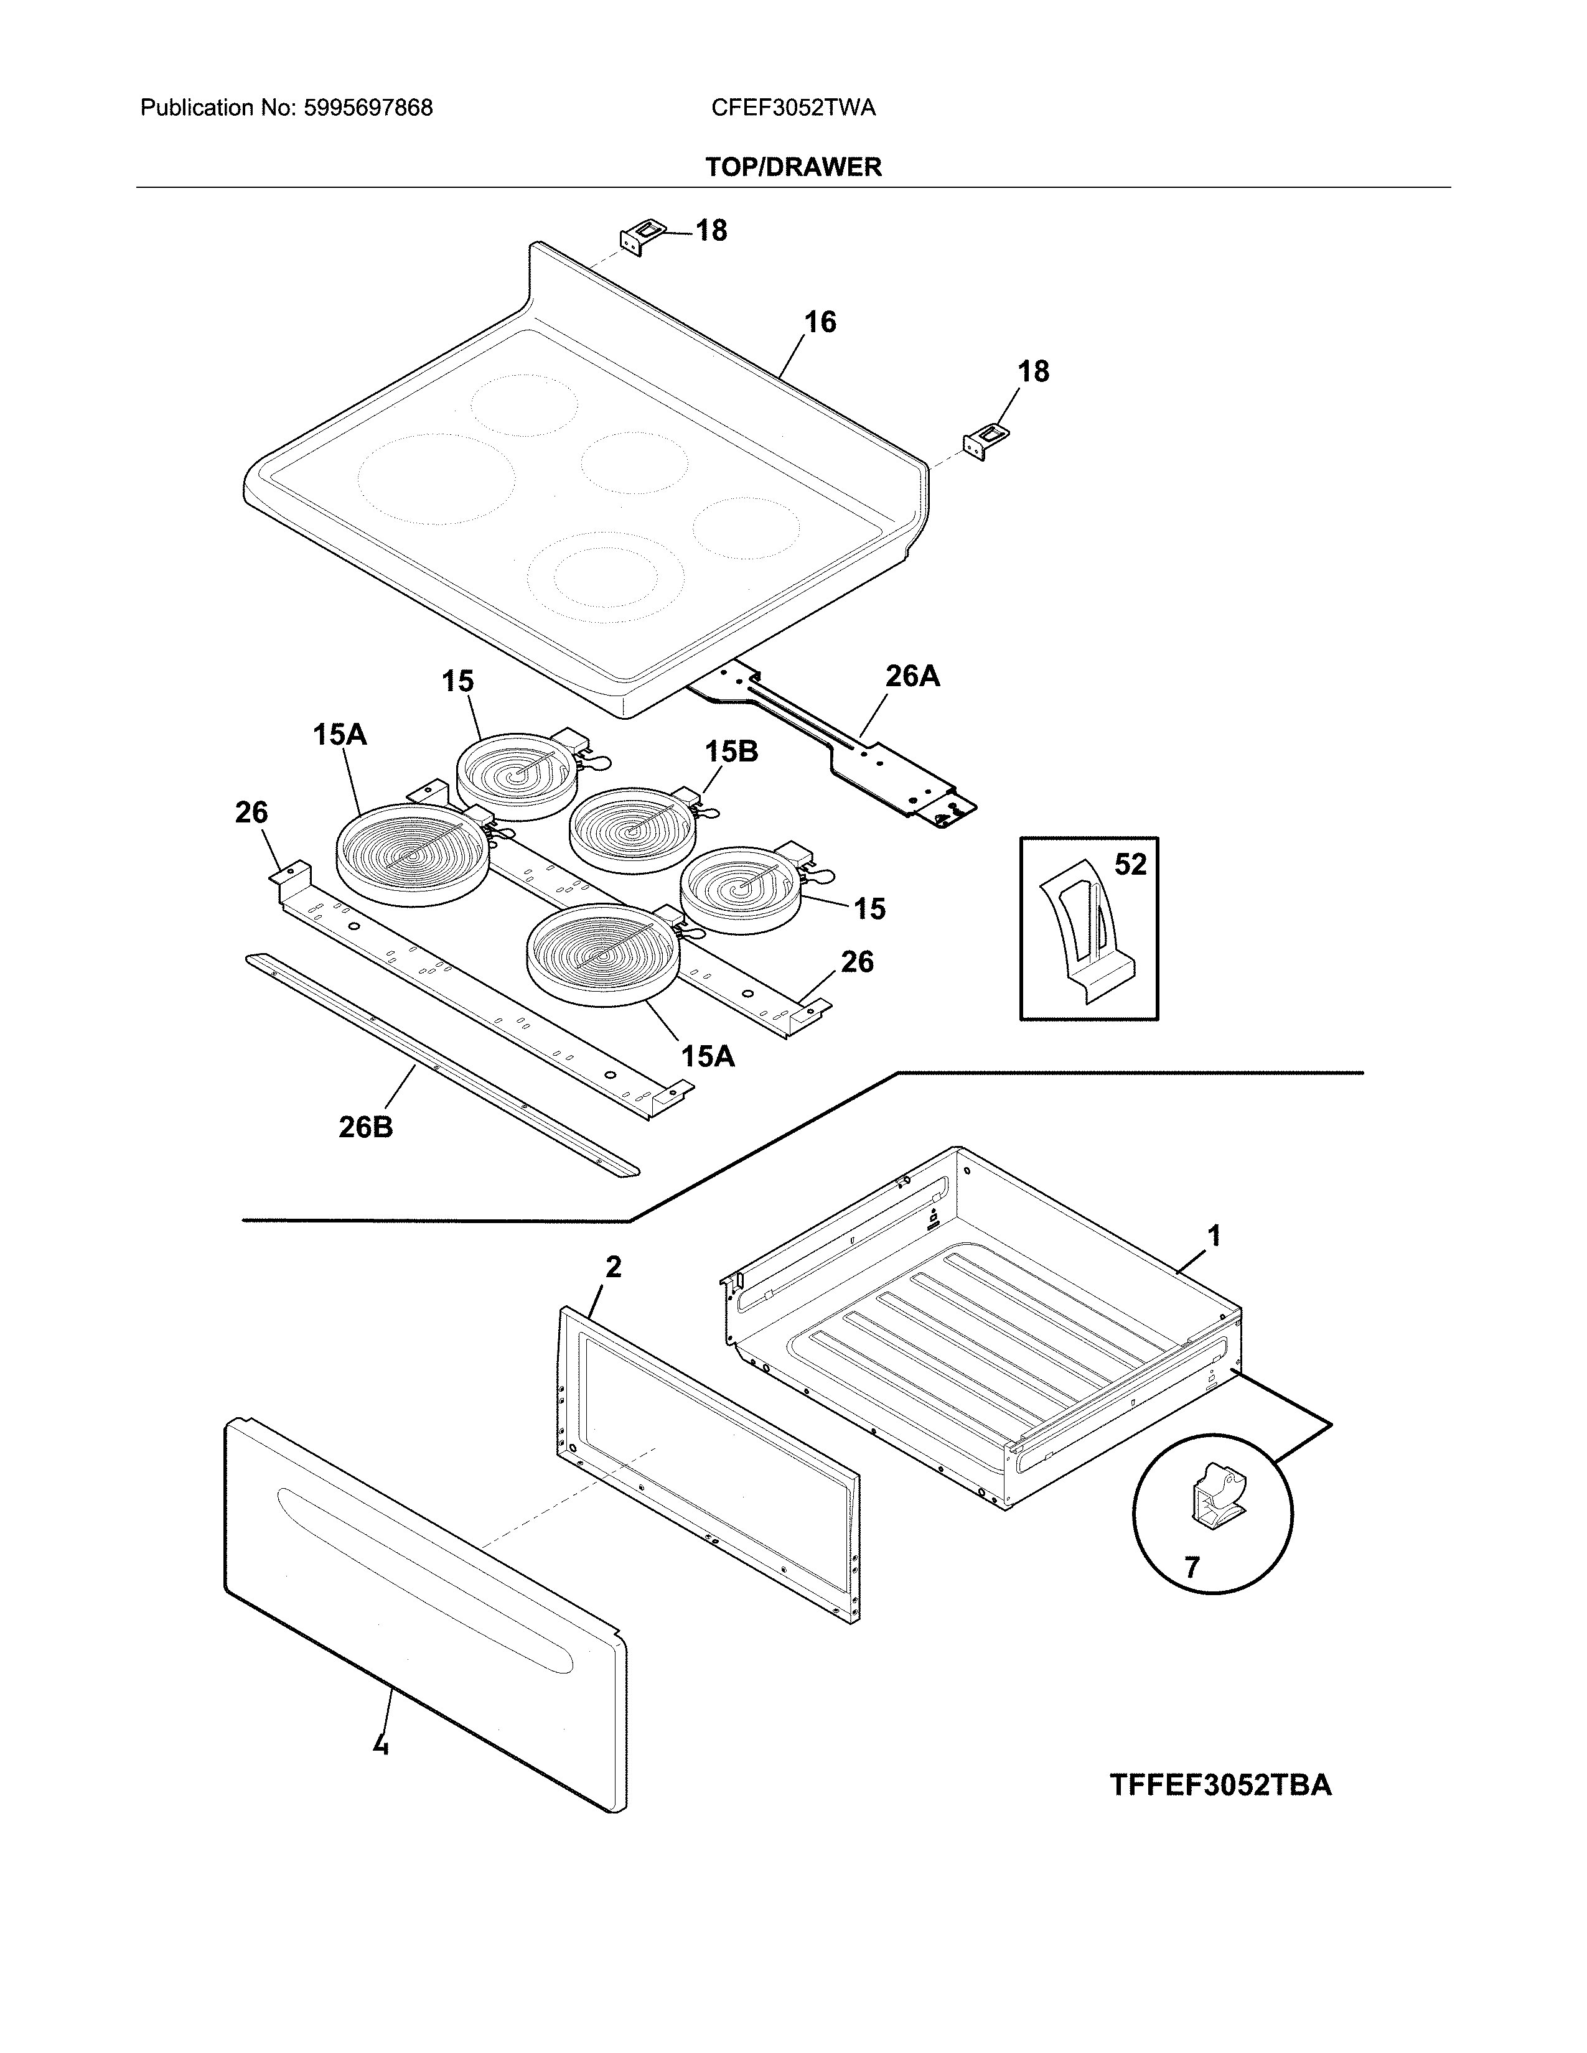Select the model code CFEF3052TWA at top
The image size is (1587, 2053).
[792, 108]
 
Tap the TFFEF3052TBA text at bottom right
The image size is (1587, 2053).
[1220, 1784]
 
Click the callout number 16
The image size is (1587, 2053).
[820, 322]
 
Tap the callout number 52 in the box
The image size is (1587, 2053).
[1130, 864]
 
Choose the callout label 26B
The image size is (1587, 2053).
[366, 1126]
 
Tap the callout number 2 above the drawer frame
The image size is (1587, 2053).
[613, 1267]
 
